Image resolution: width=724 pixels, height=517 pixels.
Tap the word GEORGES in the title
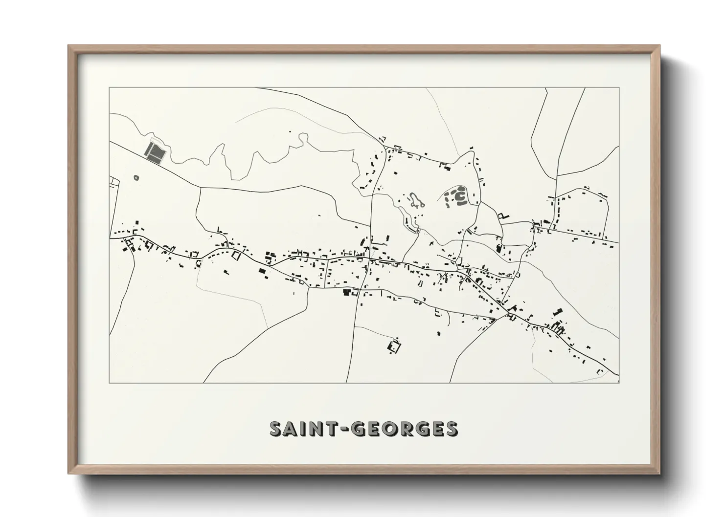click(x=407, y=429)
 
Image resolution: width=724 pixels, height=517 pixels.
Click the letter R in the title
click(x=415, y=429)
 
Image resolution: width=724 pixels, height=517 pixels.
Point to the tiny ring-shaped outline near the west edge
click(x=136, y=178)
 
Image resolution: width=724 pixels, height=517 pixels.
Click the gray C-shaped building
click(x=460, y=196)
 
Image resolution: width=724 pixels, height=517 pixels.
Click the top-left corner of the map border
click(x=110, y=87)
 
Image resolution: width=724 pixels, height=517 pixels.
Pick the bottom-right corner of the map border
click(x=619, y=382)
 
